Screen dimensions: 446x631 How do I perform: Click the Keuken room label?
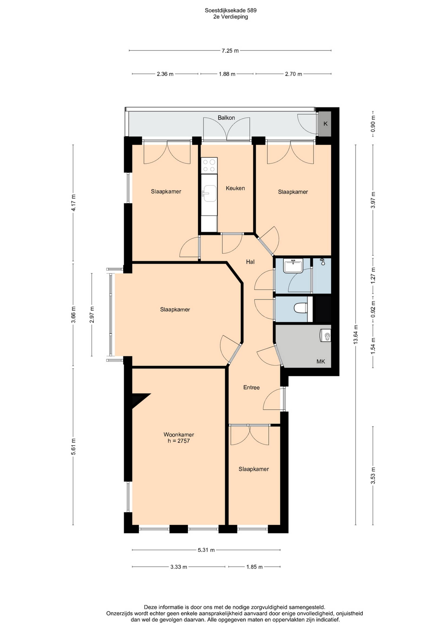(235, 188)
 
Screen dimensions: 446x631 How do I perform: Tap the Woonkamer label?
(179, 435)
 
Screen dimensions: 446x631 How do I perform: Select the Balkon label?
(226, 118)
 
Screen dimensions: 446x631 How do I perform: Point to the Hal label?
(250, 262)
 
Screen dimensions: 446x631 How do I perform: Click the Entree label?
(251, 387)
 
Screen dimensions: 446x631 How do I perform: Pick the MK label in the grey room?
(321, 361)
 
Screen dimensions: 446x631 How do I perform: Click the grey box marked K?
(325, 124)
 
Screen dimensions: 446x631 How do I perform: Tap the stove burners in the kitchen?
(209, 165)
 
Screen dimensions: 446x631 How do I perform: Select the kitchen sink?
(209, 193)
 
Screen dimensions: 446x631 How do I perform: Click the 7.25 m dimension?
(230, 50)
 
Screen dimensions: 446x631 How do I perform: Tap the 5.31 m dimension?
(206, 550)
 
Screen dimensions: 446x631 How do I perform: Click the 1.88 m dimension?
(227, 74)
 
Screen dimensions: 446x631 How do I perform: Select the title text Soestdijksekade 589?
(231, 10)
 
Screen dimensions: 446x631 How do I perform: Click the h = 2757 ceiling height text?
(179, 441)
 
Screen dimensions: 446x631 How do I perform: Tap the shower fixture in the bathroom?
(323, 262)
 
